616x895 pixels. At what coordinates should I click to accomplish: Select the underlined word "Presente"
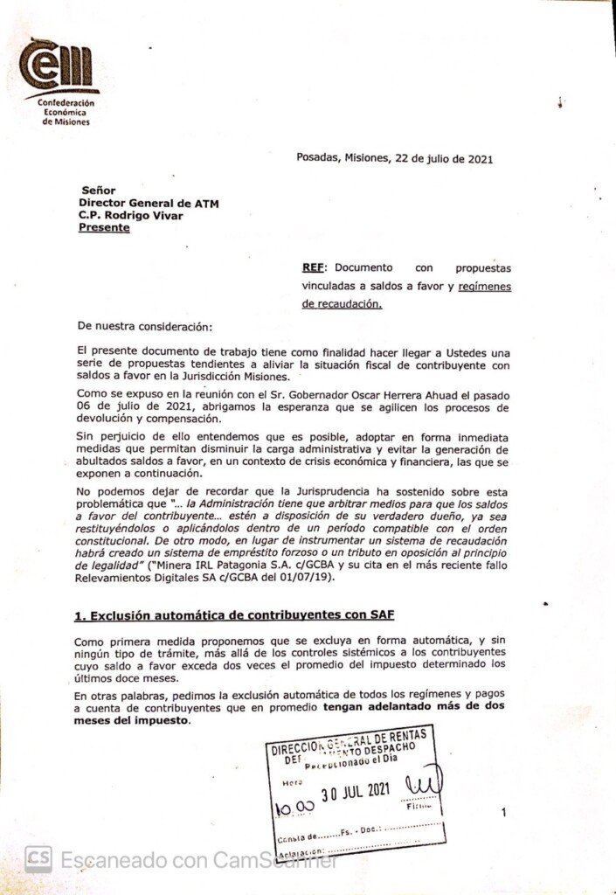pyautogui.click(x=104, y=227)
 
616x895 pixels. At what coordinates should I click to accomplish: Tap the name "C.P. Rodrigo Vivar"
pyautogui.click(x=130, y=215)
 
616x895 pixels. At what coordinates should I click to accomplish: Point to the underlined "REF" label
pyautogui.click(x=313, y=267)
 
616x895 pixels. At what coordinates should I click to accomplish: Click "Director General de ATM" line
pyautogui.click(x=149, y=203)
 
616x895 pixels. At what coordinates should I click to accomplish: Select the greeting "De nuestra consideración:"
pyautogui.click(x=144, y=326)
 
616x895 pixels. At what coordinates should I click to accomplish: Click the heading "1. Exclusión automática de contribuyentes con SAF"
pyautogui.click(x=233, y=615)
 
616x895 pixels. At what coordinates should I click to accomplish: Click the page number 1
pyautogui.click(x=503, y=813)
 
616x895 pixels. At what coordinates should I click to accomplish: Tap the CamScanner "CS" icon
pyautogui.click(x=38, y=859)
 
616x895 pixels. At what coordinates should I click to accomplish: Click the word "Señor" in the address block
pyautogui.click(x=98, y=191)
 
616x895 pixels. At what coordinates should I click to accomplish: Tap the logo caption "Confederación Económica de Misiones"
pyautogui.click(x=66, y=112)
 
